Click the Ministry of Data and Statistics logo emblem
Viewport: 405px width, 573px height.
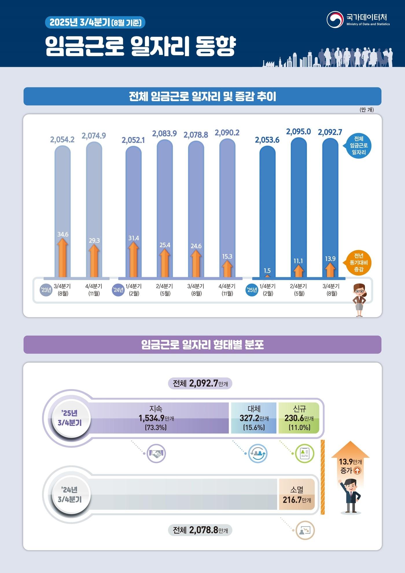tap(335, 20)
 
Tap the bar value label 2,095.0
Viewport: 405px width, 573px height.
tap(298, 132)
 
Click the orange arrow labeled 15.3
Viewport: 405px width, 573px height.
tap(227, 269)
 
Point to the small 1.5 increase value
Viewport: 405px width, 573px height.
tap(267, 271)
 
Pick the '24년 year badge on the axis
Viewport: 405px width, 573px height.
tap(118, 290)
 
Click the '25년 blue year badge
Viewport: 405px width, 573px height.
tap(252, 290)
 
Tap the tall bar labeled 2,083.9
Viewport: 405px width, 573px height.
tap(165, 208)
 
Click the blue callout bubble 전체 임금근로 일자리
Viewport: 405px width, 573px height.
tap(358, 146)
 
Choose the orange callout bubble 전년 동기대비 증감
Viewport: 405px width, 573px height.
tap(358, 263)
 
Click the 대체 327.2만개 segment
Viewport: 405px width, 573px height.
tap(254, 418)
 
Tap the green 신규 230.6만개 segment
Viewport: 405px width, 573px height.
tap(299, 418)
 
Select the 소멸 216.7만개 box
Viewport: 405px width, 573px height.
tap(297, 495)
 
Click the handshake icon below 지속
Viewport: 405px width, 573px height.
tap(156, 453)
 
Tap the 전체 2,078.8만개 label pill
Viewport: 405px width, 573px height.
tap(200, 530)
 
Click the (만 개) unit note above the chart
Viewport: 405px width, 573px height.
tap(367, 110)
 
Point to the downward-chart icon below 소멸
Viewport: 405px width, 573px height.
tap(305, 530)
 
